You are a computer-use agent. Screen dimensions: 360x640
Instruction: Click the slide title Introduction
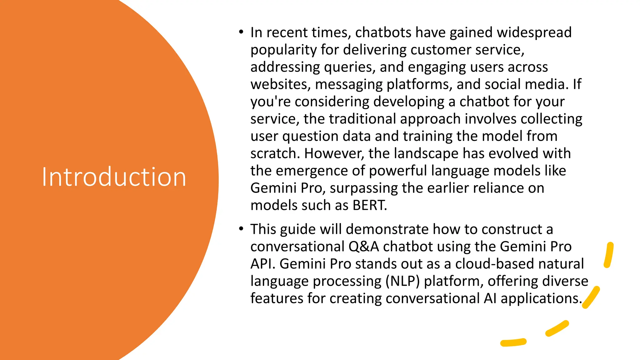click(114, 177)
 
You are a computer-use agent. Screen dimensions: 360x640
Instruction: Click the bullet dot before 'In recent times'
click(241, 32)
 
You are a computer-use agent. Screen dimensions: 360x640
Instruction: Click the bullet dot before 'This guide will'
click(241, 229)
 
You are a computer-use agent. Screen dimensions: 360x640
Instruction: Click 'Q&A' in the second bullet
click(363, 247)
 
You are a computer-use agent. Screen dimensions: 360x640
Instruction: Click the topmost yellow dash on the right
click(608, 255)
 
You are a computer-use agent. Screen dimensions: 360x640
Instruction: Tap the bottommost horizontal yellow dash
click(513, 342)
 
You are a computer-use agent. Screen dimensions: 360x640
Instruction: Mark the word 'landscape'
click(426, 153)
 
